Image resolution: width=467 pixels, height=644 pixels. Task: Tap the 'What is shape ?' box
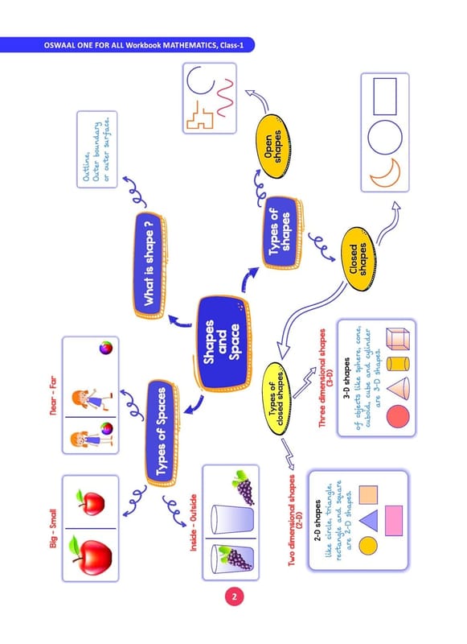click(150, 266)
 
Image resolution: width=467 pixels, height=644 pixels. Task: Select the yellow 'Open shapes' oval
click(273, 147)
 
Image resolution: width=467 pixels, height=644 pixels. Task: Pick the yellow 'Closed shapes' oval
click(358, 259)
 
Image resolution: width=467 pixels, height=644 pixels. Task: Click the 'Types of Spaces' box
click(162, 432)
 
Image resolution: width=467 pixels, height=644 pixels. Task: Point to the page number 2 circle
click(234, 597)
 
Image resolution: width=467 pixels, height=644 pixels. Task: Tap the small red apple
click(91, 502)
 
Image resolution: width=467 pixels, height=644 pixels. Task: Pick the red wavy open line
click(226, 98)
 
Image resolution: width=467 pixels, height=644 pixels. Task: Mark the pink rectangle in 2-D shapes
click(394, 520)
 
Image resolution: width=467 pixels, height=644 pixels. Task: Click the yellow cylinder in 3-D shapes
click(398, 364)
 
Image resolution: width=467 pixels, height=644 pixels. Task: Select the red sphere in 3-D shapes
click(398, 416)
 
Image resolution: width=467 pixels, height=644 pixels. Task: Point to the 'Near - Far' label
click(53, 395)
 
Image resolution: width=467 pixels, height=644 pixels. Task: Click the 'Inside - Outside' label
click(193, 522)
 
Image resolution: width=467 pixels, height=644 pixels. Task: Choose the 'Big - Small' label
click(53, 528)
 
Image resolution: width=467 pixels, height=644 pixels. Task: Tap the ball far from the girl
click(106, 348)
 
